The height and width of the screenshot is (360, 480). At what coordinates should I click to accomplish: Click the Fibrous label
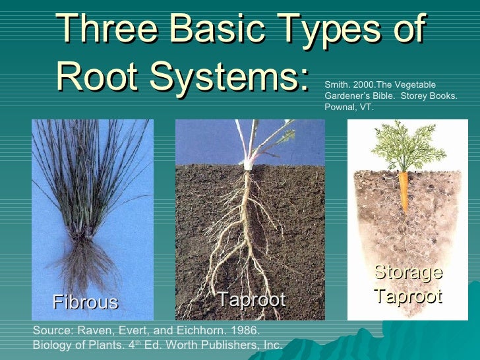click(85, 302)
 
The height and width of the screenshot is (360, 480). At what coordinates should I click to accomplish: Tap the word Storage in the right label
click(408, 272)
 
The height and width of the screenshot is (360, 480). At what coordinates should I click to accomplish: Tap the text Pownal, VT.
click(349, 107)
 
